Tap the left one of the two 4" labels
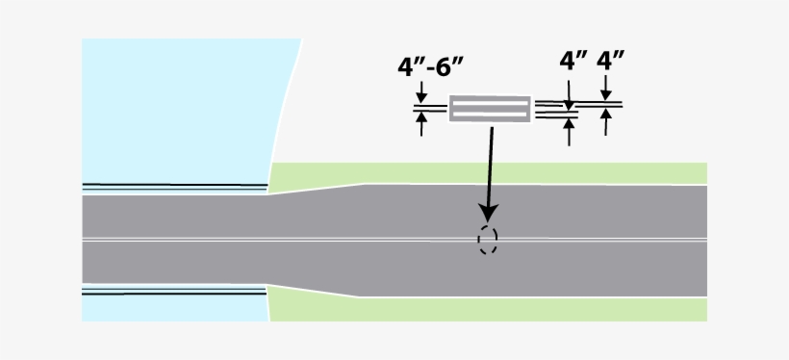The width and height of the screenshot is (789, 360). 573,62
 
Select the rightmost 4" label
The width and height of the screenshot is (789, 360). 610,62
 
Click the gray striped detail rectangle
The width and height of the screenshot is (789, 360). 490,109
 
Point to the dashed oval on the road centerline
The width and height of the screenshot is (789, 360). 488,240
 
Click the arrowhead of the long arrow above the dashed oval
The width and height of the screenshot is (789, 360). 488,212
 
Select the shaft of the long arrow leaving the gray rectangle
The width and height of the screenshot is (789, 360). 491,164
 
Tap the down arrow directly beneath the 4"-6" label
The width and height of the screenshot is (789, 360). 420,93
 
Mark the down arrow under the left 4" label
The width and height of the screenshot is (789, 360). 570,96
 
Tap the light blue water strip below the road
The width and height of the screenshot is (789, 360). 173,308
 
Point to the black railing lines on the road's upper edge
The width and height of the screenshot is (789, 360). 173,185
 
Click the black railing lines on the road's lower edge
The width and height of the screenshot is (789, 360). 173,290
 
